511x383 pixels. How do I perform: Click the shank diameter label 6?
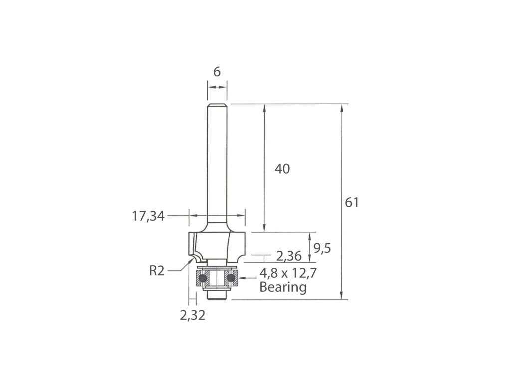[217, 72]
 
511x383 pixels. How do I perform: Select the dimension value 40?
[282, 169]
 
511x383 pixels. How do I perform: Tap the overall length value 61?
[352, 202]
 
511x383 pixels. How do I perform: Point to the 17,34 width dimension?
[148, 216]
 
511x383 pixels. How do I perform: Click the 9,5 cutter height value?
[322, 249]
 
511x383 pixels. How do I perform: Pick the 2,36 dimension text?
[289, 256]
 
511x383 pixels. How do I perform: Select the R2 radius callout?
[157, 271]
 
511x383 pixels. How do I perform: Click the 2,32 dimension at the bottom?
[193, 315]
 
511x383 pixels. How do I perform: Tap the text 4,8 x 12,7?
[288, 273]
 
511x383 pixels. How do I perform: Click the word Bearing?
[283, 287]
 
